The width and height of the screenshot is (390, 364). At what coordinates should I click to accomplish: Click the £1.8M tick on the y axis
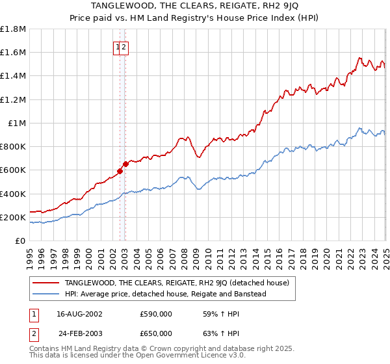coord(13,29)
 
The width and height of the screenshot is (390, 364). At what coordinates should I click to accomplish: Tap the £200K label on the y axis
coord(13,218)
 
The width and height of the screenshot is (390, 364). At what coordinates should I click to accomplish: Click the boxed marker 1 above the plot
coord(118,47)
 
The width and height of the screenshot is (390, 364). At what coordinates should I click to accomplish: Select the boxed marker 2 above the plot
coord(124,47)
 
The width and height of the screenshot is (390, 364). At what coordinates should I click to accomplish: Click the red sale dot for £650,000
coord(125,164)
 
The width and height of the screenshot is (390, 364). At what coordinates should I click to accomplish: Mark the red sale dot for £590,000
coord(120,172)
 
